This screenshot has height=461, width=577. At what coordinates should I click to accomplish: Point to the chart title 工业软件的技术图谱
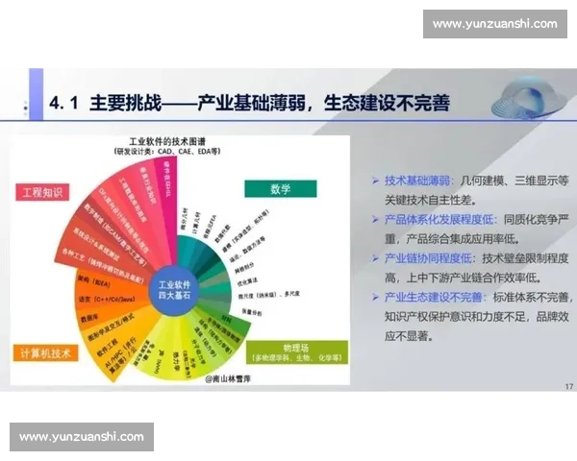coord(170,141)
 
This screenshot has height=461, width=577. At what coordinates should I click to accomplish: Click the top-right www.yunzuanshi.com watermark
coord(494,23)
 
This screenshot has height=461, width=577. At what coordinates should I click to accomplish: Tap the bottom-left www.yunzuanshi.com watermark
coord(81,437)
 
